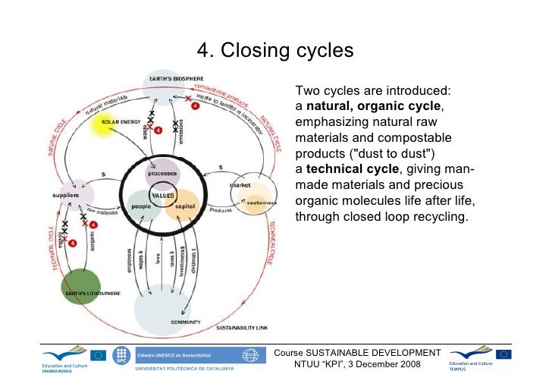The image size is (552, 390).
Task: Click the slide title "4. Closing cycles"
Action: pyautogui.click(x=275, y=51)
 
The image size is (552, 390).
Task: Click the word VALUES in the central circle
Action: pyautogui.click(x=162, y=195)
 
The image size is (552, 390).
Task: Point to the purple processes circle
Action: pyautogui.click(x=162, y=174)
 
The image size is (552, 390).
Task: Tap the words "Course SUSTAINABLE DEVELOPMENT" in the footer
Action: pyautogui.click(x=357, y=353)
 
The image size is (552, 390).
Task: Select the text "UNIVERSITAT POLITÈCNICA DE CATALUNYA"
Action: pyautogui.click(x=184, y=369)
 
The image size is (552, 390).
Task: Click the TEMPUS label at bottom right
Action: pyautogui.click(x=459, y=370)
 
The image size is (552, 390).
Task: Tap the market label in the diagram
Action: pyautogui.click(x=240, y=185)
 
